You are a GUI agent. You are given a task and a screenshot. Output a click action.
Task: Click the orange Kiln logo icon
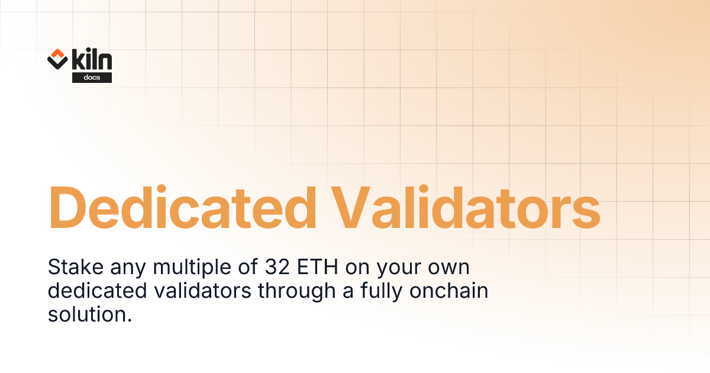point(57,59)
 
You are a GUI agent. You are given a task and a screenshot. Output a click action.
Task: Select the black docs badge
point(92,78)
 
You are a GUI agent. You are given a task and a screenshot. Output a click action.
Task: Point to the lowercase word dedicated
point(92,291)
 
